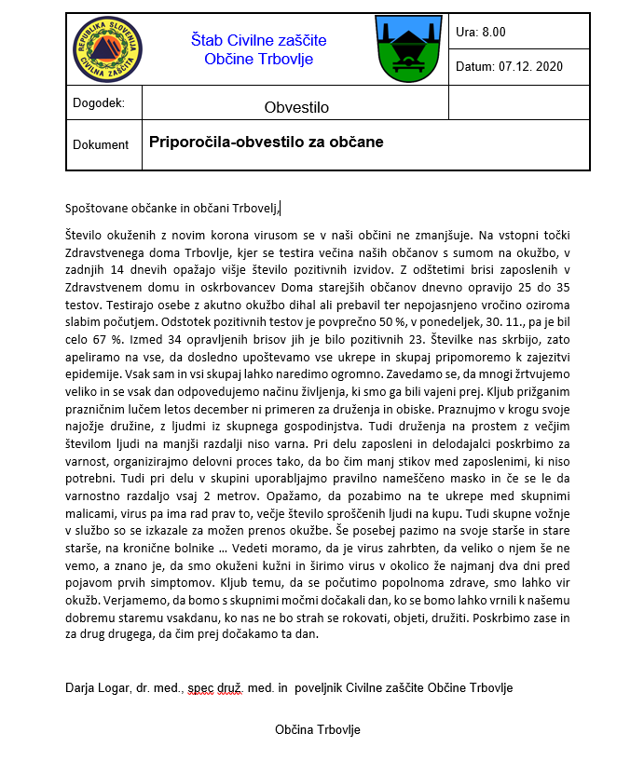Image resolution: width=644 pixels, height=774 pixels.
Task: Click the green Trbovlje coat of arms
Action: coord(402,48)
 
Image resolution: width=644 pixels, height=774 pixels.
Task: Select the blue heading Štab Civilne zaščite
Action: coord(258,40)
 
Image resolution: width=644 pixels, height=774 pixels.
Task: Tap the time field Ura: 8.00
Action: coord(481,32)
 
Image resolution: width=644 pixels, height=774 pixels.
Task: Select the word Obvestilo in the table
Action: coord(296,107)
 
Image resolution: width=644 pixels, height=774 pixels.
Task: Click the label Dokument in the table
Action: coord(101,144)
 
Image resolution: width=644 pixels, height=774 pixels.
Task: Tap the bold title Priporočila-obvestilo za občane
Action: coord(266,143)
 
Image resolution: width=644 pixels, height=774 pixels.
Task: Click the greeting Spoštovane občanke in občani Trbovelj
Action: coord(172,207)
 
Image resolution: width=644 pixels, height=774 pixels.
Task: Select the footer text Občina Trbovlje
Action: coord(317,729)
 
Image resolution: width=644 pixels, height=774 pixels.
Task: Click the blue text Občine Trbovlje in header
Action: coord(258,60)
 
